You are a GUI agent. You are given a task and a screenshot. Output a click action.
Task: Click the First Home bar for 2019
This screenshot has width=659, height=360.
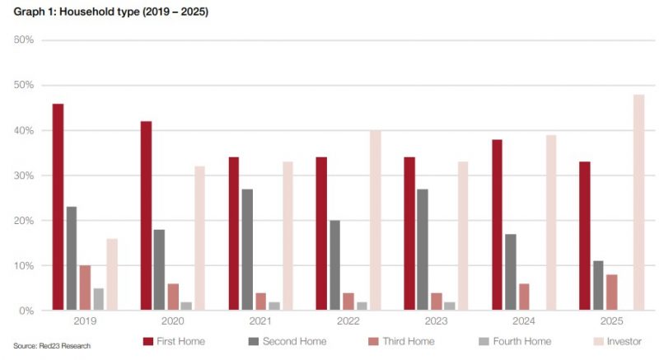tap(58, 207)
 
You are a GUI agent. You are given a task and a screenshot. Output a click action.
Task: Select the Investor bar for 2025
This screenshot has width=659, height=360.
tap(638, 203)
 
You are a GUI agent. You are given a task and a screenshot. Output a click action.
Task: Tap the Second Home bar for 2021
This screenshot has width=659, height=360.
tap(248, 250)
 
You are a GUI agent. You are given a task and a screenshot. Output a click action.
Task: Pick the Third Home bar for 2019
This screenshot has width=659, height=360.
tap(85, 288)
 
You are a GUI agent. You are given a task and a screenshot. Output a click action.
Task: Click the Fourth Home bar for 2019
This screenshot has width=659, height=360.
tap(98, 300)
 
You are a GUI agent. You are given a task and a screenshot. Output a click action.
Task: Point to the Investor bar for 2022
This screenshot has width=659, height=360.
tap(376, 221)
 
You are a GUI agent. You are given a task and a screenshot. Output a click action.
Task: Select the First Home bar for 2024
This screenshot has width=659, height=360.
tap(497, 225)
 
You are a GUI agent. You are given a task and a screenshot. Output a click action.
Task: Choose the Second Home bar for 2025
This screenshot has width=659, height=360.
tap(598, 286)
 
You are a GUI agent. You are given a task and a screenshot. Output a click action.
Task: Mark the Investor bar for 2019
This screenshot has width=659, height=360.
tap(112, 274)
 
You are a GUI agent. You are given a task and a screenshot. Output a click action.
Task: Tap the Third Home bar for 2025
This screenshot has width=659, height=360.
tap(611, 292)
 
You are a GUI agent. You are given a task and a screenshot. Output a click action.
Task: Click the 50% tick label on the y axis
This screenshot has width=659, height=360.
tap(24, 85)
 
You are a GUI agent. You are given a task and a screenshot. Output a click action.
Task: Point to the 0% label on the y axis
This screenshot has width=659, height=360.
tap(26, 311)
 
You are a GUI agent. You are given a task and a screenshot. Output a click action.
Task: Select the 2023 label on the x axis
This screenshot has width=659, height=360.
tap(436, 321)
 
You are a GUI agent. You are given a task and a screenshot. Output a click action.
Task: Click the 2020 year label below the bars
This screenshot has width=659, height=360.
tap(173, 321)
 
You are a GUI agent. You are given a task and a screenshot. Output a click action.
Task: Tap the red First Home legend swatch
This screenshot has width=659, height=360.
tap(148, 342)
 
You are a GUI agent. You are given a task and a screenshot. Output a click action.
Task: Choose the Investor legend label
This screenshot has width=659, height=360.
tap(624, 342)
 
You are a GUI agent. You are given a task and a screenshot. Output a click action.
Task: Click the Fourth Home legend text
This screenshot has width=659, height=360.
tap(522, 342)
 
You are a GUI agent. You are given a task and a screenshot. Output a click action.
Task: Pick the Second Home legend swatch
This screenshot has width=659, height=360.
tap(254, 342)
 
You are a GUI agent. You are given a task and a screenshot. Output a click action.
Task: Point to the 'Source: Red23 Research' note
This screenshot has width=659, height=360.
tap(52, 346)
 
